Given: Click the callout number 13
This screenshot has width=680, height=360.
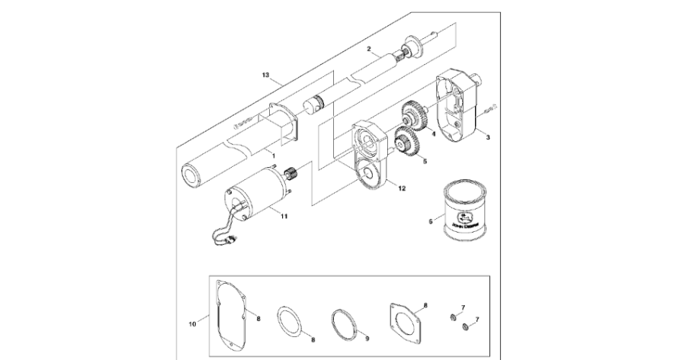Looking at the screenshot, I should click(x=266, y=76).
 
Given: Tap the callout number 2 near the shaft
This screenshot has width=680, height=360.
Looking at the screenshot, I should click(x=368, y=50).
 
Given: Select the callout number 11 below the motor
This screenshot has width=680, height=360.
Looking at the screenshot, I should click(x=284, y=217).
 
